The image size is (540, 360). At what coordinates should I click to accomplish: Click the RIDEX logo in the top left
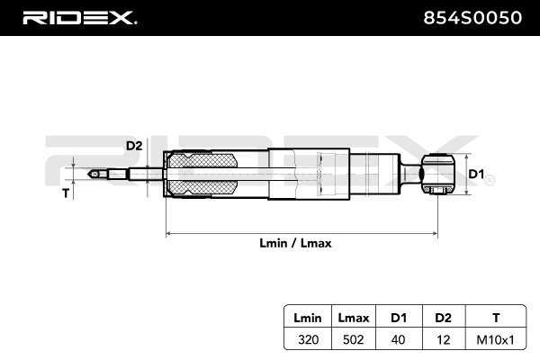(78, 17)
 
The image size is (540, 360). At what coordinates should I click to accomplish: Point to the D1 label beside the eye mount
(476, 174)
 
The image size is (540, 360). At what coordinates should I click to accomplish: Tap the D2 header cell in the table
(442, 316)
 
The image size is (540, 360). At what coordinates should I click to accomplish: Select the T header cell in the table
(496, 316)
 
